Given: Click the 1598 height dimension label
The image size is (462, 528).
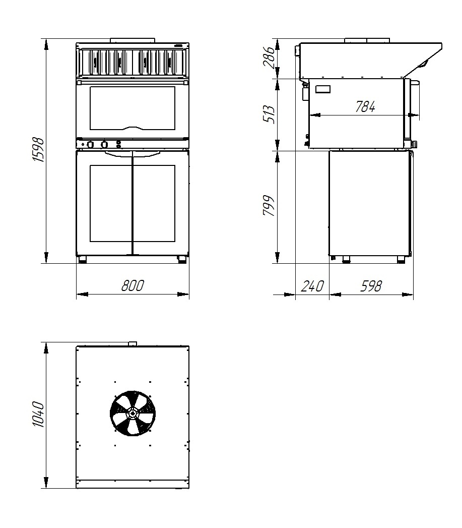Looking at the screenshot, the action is coord(39,150).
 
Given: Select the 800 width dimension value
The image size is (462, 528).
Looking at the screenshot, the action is coord(133,285).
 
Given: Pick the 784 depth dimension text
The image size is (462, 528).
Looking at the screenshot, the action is coord(365,107).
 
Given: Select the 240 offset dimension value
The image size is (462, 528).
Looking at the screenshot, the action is coord(312,286).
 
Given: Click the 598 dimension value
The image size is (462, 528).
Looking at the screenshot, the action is coord(371,286).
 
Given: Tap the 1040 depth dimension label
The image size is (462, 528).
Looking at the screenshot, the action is coord(39,415).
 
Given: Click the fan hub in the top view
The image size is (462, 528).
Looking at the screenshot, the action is coord(133,414).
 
